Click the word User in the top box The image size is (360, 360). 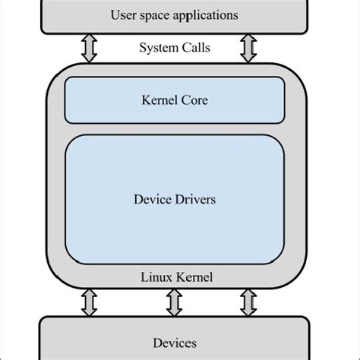click(x=124, y=15)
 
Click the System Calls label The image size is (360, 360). click(x=174, y=48)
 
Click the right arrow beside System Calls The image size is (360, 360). click(x=246, y=49)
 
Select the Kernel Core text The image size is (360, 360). click(x=174, y=100)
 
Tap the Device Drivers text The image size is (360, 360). click(x=174, y=201)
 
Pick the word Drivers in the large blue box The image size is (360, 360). click(x=196, y=201)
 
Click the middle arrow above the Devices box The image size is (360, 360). click(x=174, y=302)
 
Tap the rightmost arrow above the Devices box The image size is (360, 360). click(x=248, y=302)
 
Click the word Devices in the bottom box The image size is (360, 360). click(x=174, y=343)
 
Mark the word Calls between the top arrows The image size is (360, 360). click(x=196, y=48)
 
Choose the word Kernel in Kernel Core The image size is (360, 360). click(x=159, y=100)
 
